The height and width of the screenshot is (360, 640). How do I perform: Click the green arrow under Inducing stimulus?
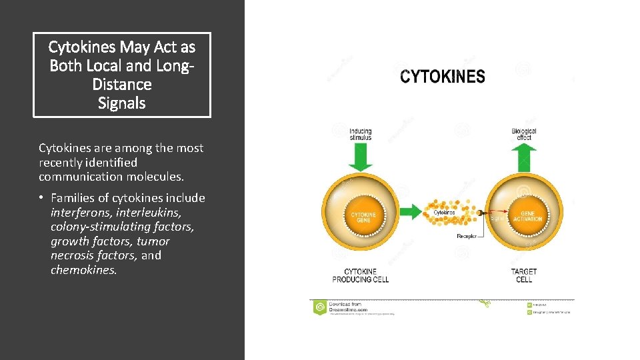pyautogui.click(x=361, y=159)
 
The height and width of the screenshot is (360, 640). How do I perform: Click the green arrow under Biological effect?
pyautogui.click(x=524, y=157)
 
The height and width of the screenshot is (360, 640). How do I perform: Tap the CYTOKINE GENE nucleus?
pyautogui.click(x=363, y=217)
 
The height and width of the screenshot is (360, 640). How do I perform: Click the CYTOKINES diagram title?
pyautogui.click(x=443, y=77)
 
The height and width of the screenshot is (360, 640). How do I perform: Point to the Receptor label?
pyautogui.click(x=467, y=236)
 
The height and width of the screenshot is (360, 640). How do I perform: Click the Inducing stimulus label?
pyautogui.click(x=361, y=135)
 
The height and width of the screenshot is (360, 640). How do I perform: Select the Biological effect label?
pyautogui.click(x=524, y=134)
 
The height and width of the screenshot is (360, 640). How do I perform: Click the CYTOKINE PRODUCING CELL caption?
pyautogui.click(x=361, y=275)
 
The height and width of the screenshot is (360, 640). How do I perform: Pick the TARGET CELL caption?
pyautogui.click(x=524, y=275)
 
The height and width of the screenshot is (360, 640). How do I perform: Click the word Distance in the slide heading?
pyautogui.click(x=122, y=85)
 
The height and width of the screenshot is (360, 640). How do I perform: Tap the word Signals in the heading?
pyautogui.click(x=121, y=103)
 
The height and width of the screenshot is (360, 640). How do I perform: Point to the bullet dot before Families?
pyautogui.click(x=41, y=199)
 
